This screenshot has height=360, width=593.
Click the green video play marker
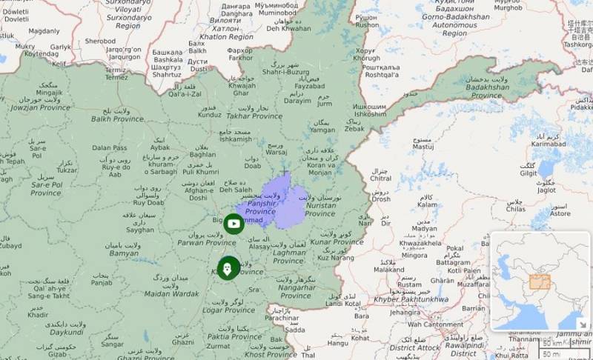pos(233,223)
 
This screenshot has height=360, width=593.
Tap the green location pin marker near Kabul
pos(227,268)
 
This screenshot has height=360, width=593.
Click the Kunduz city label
pos(210,116)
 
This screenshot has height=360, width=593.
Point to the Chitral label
pos(381,179)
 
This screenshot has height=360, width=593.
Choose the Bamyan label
pos(123,253)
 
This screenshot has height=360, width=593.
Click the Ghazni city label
pos(182,343)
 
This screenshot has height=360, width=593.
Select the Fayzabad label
pos(309,86)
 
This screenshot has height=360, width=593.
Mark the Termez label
pos(116,77)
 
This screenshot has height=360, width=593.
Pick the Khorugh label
pos(366,58)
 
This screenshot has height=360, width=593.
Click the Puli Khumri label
pos(201,172)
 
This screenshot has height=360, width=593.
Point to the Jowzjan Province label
pos(39,107)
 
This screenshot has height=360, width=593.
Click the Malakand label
pos(388,270)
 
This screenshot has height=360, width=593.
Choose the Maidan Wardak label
pos(170,294)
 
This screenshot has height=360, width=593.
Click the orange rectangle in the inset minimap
pos(539,281)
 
